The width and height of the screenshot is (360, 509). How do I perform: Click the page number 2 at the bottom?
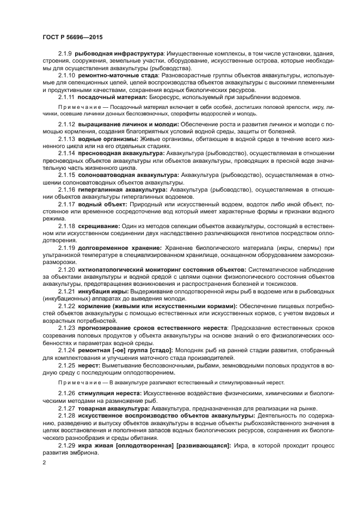coord(44,462)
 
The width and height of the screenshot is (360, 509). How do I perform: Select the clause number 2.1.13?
coord(66,139)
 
